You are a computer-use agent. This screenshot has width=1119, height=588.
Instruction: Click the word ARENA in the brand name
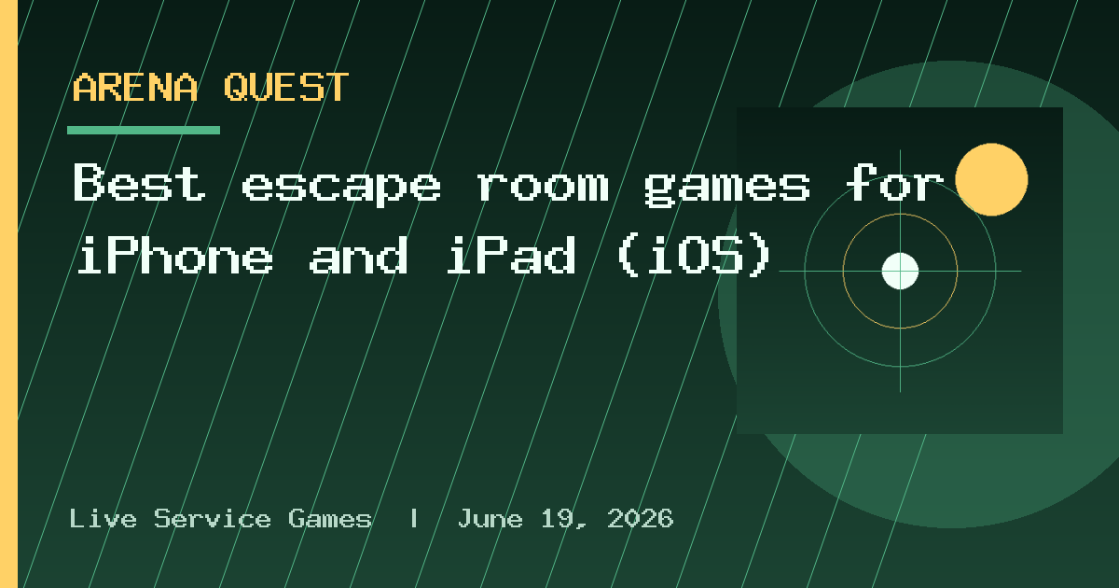click(x=135, y=88)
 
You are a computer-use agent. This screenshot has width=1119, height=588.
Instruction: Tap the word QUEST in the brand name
click(x=286, y=88)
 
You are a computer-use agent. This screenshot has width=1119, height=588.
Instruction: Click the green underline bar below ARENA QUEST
click(x=144, y=131)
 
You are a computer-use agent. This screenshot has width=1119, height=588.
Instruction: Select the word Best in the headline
click(x=139, y=183)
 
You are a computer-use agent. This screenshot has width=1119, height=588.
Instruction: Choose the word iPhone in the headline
click(x=175, y=256)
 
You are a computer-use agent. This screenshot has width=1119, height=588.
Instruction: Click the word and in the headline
click(x=359, y=256)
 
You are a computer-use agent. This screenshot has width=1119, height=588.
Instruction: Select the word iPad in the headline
click(x=511, y=256)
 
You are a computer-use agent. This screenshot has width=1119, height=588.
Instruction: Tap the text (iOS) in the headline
click(x=695, y=256)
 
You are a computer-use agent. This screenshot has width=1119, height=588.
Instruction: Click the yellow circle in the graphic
click(x=991, y=179)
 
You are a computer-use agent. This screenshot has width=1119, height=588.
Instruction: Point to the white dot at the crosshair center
click(x=900, y=271)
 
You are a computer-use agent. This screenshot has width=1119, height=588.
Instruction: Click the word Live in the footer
click(x=103, y=518)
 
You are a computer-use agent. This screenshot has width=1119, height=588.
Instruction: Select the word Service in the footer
click(x=213, y=518)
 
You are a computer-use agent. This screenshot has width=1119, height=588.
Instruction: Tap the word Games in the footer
click(x=330, y=518)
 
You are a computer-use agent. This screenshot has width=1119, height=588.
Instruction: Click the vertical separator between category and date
click(x=414, y=518)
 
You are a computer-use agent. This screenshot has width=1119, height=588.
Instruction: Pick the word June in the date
click(x=490, y=518)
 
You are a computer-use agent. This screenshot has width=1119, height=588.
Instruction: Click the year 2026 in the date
click(x=641, y=518)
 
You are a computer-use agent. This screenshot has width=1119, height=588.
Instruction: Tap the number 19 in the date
click(x=558, y=518)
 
